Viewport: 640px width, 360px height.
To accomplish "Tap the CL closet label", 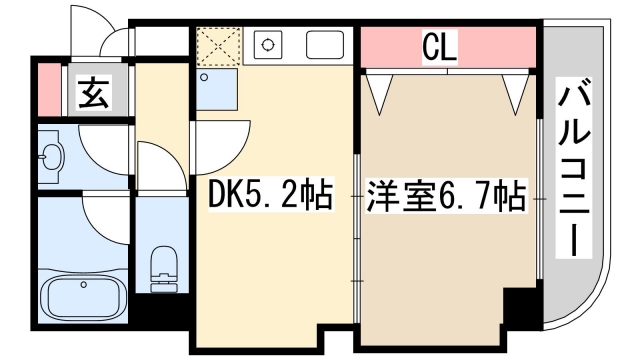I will [x=440, y=45].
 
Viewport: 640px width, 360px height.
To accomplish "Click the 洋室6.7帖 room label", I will [x=445, y=196].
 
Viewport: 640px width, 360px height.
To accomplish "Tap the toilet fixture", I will [x=161, y=267].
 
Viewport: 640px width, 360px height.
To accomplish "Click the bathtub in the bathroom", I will [x=81, y=298].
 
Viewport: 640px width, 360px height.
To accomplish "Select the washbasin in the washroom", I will [x=51, y=156].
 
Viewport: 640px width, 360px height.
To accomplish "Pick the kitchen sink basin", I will [x=323, y=44].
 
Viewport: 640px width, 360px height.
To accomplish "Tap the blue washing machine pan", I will [x=217, y=91].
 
